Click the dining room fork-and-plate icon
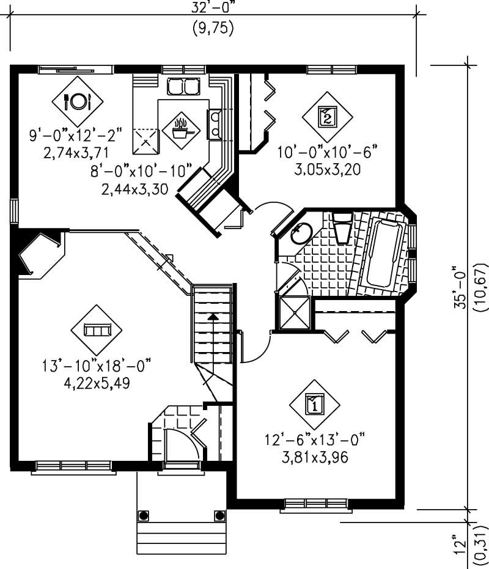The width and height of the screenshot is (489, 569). click(x=77, y=100)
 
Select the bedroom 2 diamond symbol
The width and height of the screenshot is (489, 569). click(x=327, y=116)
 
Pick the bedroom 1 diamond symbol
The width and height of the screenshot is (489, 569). click(x=314, y=403)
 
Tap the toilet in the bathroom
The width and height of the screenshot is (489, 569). click(x=341, y=227)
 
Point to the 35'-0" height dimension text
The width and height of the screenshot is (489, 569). click(x=460, y=287)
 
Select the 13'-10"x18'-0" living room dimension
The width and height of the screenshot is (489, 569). click(x=96, y=367)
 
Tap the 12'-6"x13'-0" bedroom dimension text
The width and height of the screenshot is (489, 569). click(x=314, y=439)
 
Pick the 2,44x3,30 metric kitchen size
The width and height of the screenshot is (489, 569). click(x=134, y=189)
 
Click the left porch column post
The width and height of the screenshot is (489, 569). click(x=144, y=515)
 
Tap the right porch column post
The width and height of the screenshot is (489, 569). click(x=219, y=515)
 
